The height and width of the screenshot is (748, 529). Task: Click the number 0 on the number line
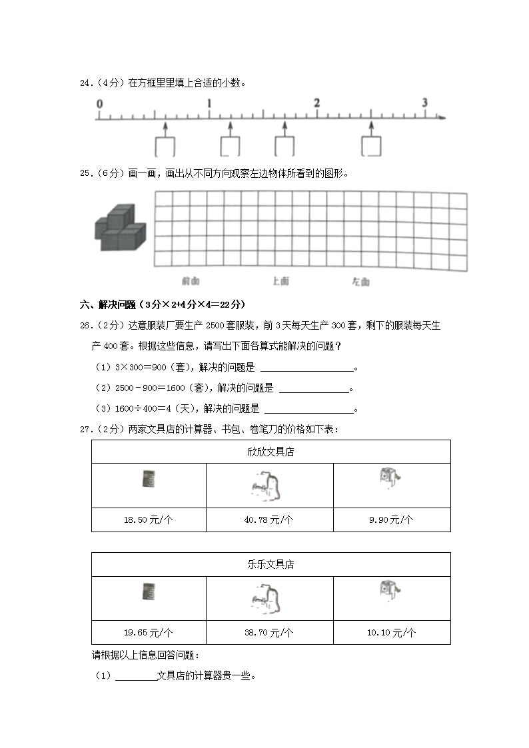tap(99, 104)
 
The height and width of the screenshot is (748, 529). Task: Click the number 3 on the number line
tap(424, 103)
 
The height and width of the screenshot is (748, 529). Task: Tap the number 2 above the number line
tap(316, 103)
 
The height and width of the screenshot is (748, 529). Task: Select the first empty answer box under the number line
tap(165, 147)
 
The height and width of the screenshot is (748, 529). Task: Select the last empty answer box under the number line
tap(372, 147)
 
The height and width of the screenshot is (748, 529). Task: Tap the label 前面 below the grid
tap(191, 281)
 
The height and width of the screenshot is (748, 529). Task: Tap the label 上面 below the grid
tap(281, 281)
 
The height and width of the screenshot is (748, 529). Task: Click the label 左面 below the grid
tap(360, 282)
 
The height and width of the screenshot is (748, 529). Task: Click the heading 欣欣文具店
tap(270, 452)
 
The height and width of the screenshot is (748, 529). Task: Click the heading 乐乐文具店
tap(270, 564)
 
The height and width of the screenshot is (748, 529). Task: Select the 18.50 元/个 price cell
tap(148, 520)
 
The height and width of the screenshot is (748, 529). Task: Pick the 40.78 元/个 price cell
tap(269, 520)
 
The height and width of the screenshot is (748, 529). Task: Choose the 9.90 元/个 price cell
tap(391, 520)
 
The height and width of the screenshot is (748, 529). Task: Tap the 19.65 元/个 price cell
tap(148, 632)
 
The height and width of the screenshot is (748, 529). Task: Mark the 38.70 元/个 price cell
tap(269, 632)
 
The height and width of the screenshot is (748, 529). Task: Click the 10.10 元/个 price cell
tap(391, 632)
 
